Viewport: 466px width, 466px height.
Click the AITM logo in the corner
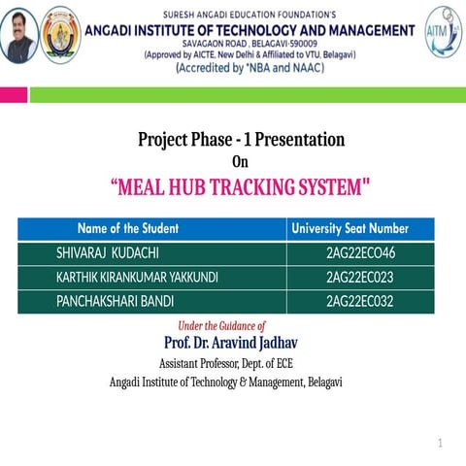click(x=443, y=31)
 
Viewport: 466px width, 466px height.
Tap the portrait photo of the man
click(x=19, y=35)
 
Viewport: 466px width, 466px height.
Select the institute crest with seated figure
click(x=60, y=35)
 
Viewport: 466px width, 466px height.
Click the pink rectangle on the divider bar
click(x=14, y=95)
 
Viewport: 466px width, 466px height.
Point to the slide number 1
click(x=440, y=443)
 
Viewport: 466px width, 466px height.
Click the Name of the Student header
click(x=128, y=228)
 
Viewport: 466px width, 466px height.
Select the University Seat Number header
click(x=350, y=228)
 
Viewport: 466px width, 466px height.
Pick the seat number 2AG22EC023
click(x=360, y=278)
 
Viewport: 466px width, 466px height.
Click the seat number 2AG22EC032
click(x=360, y=301)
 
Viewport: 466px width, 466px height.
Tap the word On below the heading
click(x=240, y=162)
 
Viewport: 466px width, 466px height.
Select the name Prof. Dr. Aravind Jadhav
click(x=231, y=343)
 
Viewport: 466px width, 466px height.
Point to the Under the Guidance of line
click(x=221, y=326)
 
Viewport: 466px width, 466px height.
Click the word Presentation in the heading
click(x=300, y=140)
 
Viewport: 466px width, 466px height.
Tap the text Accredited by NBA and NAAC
click(x=250, y=68)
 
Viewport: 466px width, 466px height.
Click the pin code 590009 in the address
click(x=303, y=44)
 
